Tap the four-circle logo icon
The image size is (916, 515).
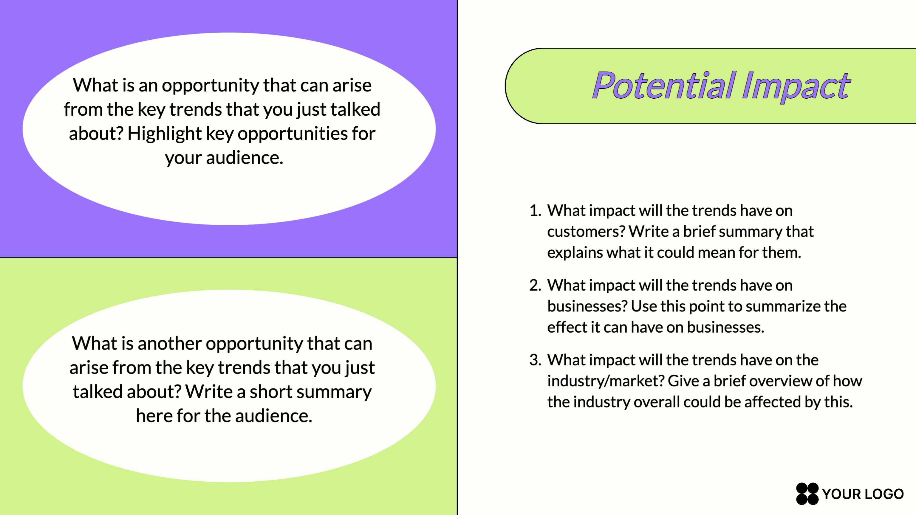807,494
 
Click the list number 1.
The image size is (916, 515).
535,210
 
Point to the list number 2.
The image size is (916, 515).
535,285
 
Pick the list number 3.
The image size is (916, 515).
535,360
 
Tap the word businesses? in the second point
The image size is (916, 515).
587,306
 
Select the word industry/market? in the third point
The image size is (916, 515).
606,381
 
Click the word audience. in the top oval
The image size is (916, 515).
245,158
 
